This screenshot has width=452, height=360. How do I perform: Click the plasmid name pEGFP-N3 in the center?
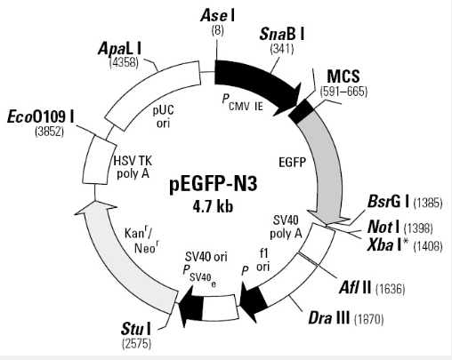(x=214, y=185)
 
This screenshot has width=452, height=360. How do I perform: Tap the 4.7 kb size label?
(x=213, y=205)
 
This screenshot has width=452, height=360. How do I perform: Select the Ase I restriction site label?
(x=218, y=15)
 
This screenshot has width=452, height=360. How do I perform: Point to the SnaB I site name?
(x=282, y=34)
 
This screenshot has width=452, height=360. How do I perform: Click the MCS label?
(x=343, y=76)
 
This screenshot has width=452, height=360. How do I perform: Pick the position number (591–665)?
(x=343, y=92)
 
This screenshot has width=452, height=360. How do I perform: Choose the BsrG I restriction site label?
(x=388, y=202)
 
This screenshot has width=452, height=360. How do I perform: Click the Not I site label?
(x=383, y=227)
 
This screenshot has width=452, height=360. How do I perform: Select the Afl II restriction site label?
(x=355, y=287)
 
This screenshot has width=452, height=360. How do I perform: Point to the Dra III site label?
(x=329, y=318)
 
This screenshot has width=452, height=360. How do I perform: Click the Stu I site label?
(x=136, y=329)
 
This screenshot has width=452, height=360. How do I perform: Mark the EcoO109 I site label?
(x=41, y=116)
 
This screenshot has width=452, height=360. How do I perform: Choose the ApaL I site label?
(x=119, y=48)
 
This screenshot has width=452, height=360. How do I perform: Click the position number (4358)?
(x=124, y=62)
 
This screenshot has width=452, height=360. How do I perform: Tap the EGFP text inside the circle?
(x=293, y=162)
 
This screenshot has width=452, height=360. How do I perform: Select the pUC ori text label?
(x=164, y=116)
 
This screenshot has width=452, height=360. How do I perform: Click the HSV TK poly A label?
(x=133, y=167)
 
